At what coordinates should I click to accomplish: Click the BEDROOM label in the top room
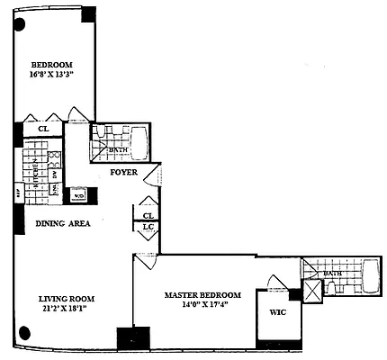coord(51,65)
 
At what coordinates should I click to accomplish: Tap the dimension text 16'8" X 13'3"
coord(51,76)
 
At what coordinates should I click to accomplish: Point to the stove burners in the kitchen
coord(54,161)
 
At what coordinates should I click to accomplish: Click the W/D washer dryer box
coord(78,194)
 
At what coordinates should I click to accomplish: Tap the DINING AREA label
coord(62,223)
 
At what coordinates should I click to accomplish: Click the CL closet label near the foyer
coord(148,216)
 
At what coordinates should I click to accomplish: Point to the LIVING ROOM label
coord(66,299)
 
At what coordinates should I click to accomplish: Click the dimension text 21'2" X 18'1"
coord(66,310)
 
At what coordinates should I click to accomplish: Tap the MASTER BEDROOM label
coord(202,295)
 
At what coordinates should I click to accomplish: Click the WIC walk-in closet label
coord(275,315)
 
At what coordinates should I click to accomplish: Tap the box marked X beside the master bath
coord(310,290)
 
